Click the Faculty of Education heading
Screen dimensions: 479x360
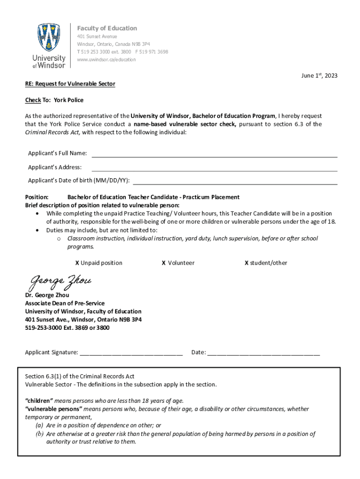(x=107, y=28)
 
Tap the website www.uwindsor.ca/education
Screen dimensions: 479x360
(x=107, y=59)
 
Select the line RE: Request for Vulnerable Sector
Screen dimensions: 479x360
(x=70, y=84)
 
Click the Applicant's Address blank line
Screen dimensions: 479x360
(x=214, y=170)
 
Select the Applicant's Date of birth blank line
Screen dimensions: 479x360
(x=235, y=184)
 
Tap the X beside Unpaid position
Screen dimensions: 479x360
(x=77, y=263)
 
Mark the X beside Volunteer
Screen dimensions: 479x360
(x=164, y=263)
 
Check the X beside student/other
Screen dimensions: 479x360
(x=246, y=263)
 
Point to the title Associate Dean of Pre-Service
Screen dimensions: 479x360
(x=65, y=303)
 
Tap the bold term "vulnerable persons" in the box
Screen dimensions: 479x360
(x=53, y=409)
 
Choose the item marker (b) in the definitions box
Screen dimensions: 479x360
(x=40, y=434)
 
